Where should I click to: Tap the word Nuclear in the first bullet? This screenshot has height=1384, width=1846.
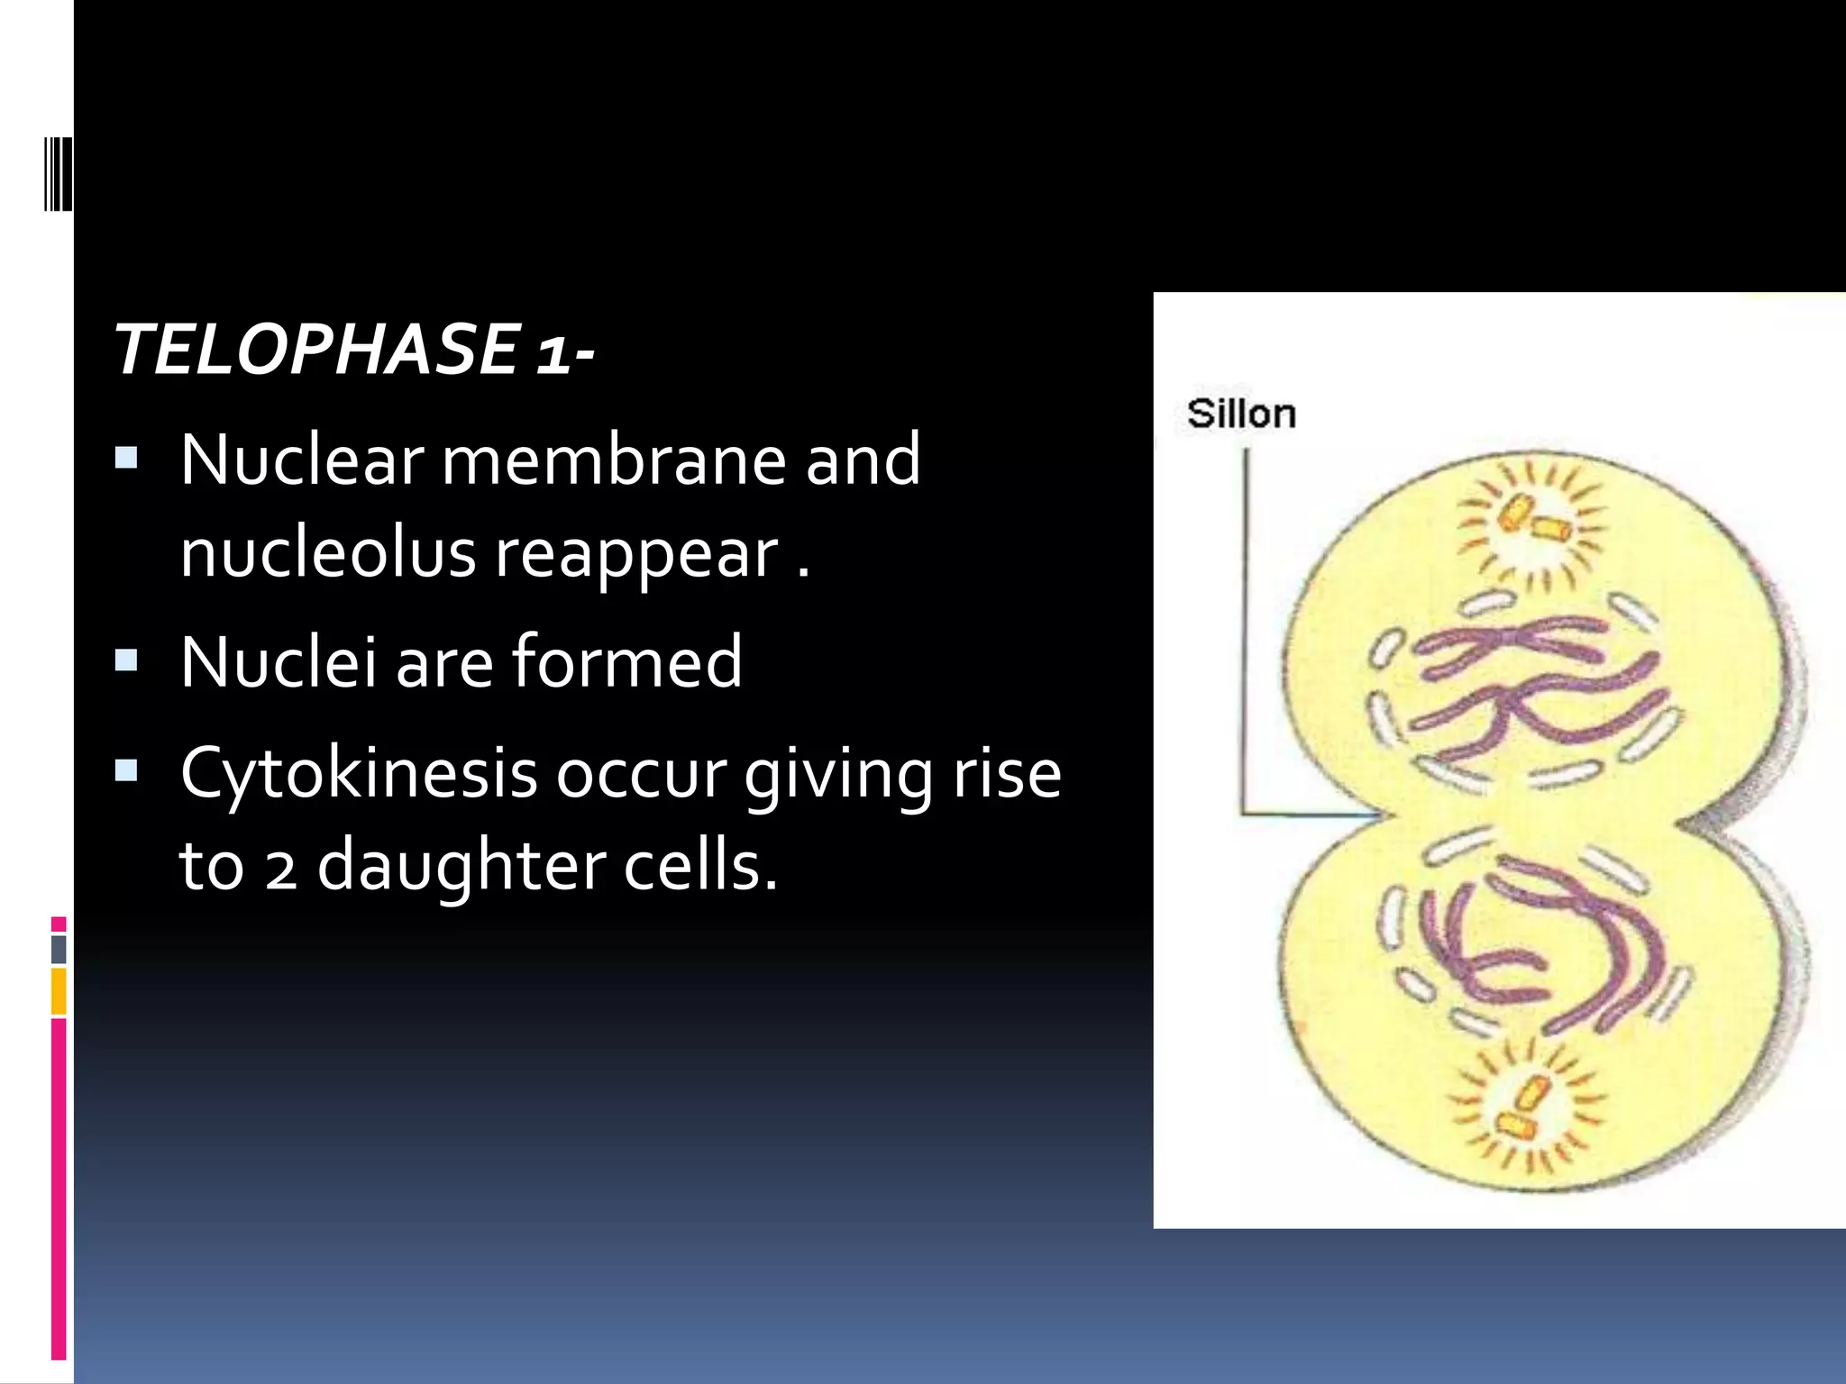302,460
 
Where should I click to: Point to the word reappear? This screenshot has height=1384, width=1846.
636,555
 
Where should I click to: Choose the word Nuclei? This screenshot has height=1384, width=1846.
278,661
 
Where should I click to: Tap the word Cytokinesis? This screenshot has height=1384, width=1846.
358,774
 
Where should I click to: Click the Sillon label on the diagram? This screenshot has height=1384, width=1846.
1241,414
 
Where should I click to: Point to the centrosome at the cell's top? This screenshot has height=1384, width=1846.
1531,522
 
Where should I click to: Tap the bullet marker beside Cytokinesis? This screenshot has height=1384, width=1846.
126,770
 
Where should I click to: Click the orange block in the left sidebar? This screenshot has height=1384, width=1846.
59,990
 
